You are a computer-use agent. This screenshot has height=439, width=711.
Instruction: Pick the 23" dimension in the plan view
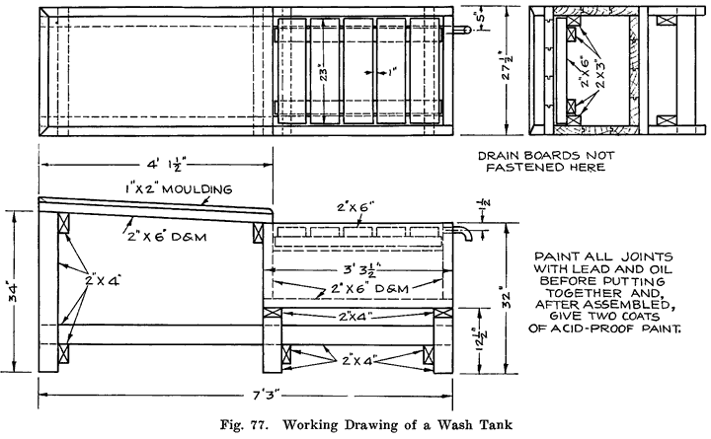pyautogui.click(x=322, y=72)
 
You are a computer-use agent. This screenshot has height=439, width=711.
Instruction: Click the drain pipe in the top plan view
pyautogui.click(x=460, y=30)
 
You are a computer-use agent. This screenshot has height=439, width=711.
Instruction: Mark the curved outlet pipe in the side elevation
pyautogui.click(x=459, y=233)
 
